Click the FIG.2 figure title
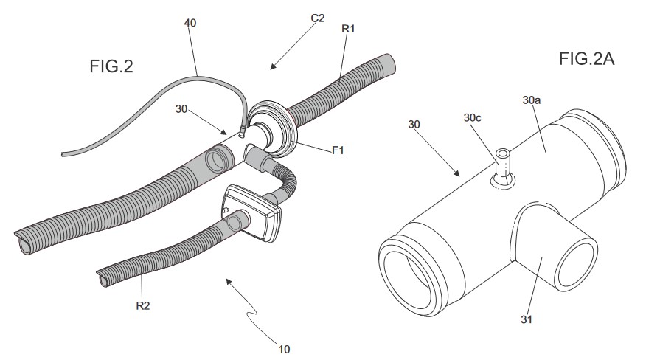[111, 66]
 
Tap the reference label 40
[190, 23]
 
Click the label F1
[338, 150]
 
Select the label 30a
[532, 98]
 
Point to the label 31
[526, 319]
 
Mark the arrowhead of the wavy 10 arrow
[227, 280]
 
